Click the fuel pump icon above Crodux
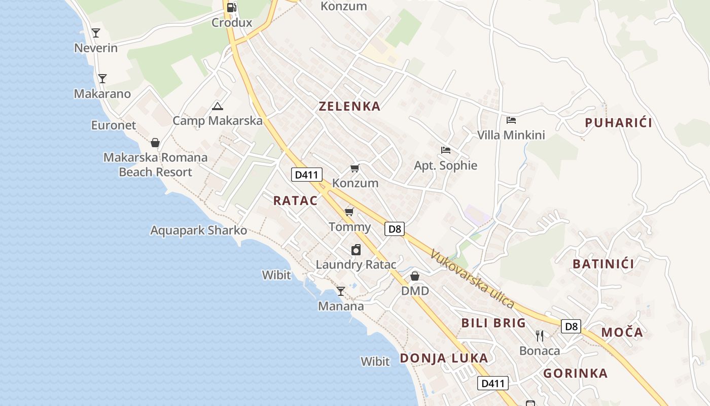[231, 7]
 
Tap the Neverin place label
[96, 48]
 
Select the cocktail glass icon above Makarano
[102, 79]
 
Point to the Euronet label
[114, 125]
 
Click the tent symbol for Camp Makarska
[218, 106]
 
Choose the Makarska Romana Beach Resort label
[156, 165]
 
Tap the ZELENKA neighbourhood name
[349, 107]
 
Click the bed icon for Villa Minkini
[511, 120]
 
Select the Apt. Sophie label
[446, 165]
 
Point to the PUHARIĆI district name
[618, 123]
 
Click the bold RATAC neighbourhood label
[296, 200]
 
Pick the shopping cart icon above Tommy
[349, 212]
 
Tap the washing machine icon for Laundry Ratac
[356, 250]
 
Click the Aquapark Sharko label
[199, 230]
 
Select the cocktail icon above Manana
[341, 291]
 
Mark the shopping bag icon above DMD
[415, 276]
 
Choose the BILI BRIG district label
[493, 323]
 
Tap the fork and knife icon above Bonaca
[540, 335]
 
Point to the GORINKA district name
[575, 374]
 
